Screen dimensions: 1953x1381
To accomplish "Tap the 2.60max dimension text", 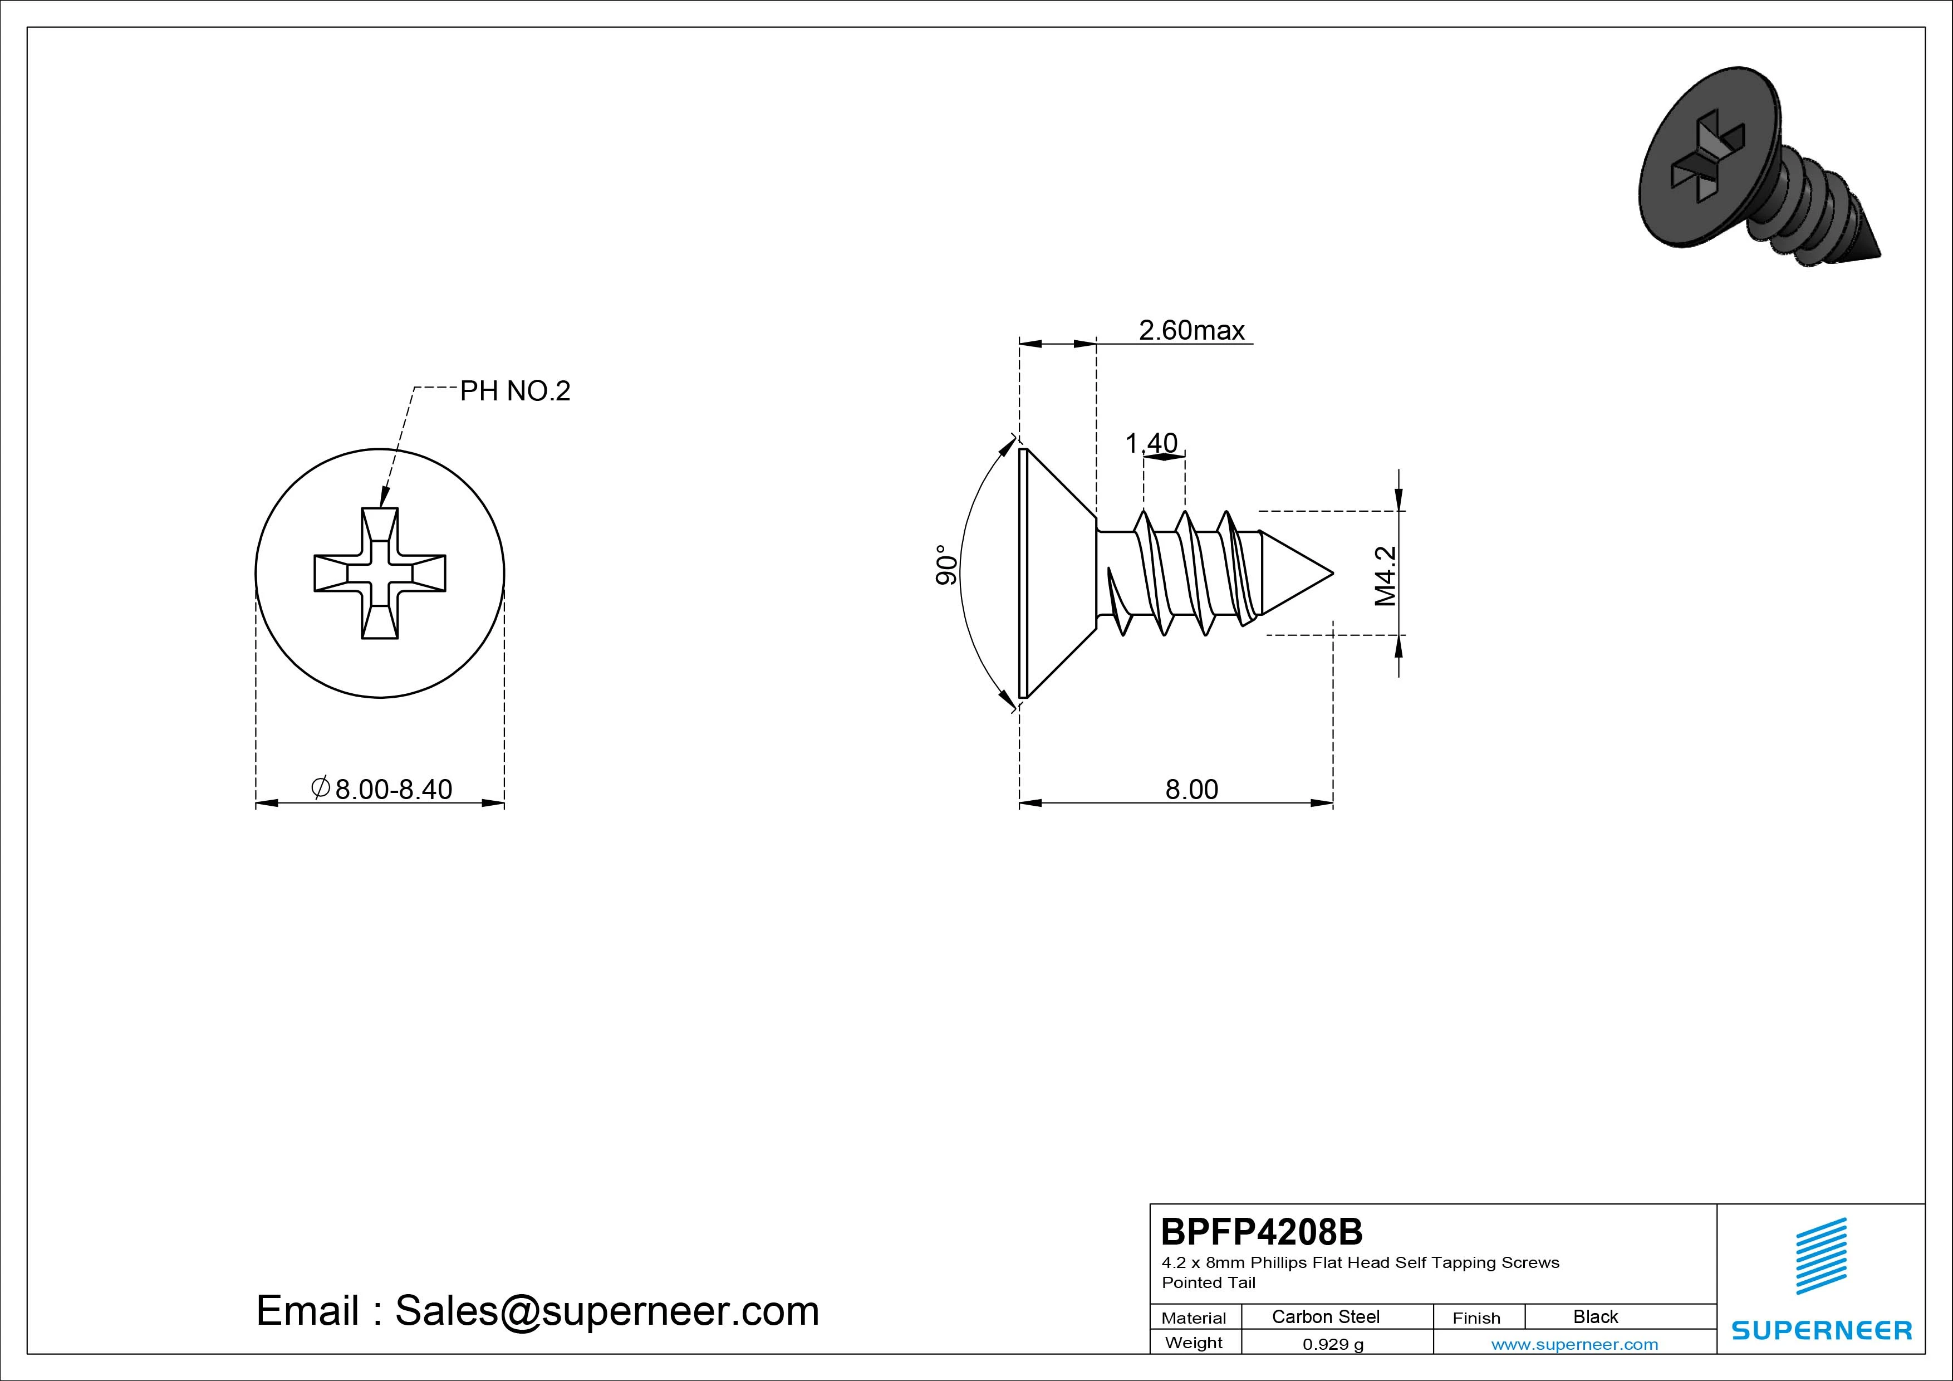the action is (x=1192, y=330).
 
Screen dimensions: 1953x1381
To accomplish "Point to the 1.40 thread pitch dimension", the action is (x=1151, y=443).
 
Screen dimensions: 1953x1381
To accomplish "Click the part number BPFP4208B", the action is (x=1262, y=1231).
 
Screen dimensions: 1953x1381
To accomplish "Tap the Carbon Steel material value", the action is (x=1325, y=1316).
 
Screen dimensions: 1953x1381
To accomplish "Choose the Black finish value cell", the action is (x=1595, y=1316).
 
